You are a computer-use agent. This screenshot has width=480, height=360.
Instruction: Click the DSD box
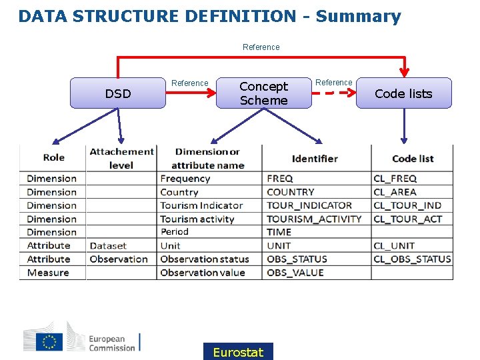point(118,93)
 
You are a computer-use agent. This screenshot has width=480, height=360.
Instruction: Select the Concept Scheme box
point(263,93)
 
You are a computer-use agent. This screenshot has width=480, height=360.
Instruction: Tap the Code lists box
point(403,93)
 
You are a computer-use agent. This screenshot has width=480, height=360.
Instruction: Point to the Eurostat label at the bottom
point(238,352)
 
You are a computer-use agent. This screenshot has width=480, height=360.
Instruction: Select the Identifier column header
point(315,159)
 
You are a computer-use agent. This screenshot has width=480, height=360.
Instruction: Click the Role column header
point(53,157)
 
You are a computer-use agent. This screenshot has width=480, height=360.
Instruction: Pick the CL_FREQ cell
point(395,179)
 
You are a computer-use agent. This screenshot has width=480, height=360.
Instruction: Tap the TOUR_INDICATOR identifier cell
point(309,205)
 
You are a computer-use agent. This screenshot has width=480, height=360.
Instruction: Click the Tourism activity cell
point(197,219)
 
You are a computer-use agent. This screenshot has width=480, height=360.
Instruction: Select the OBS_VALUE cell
point(295,273)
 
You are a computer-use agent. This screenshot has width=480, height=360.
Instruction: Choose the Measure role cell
point(48,273)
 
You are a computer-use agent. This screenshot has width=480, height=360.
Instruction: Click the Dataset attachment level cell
point(108,246)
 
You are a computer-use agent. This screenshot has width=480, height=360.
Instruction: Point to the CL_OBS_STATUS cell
point(412,259)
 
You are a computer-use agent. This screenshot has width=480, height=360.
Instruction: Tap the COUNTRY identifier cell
point(290,192)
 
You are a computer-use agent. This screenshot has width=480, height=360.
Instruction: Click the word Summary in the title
point(358,16)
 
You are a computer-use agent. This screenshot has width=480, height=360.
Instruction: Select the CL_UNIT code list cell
point(394,246)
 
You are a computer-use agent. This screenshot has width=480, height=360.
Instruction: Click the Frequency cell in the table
point(185,179)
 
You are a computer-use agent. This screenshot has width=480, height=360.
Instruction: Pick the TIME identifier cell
point(279,232)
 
